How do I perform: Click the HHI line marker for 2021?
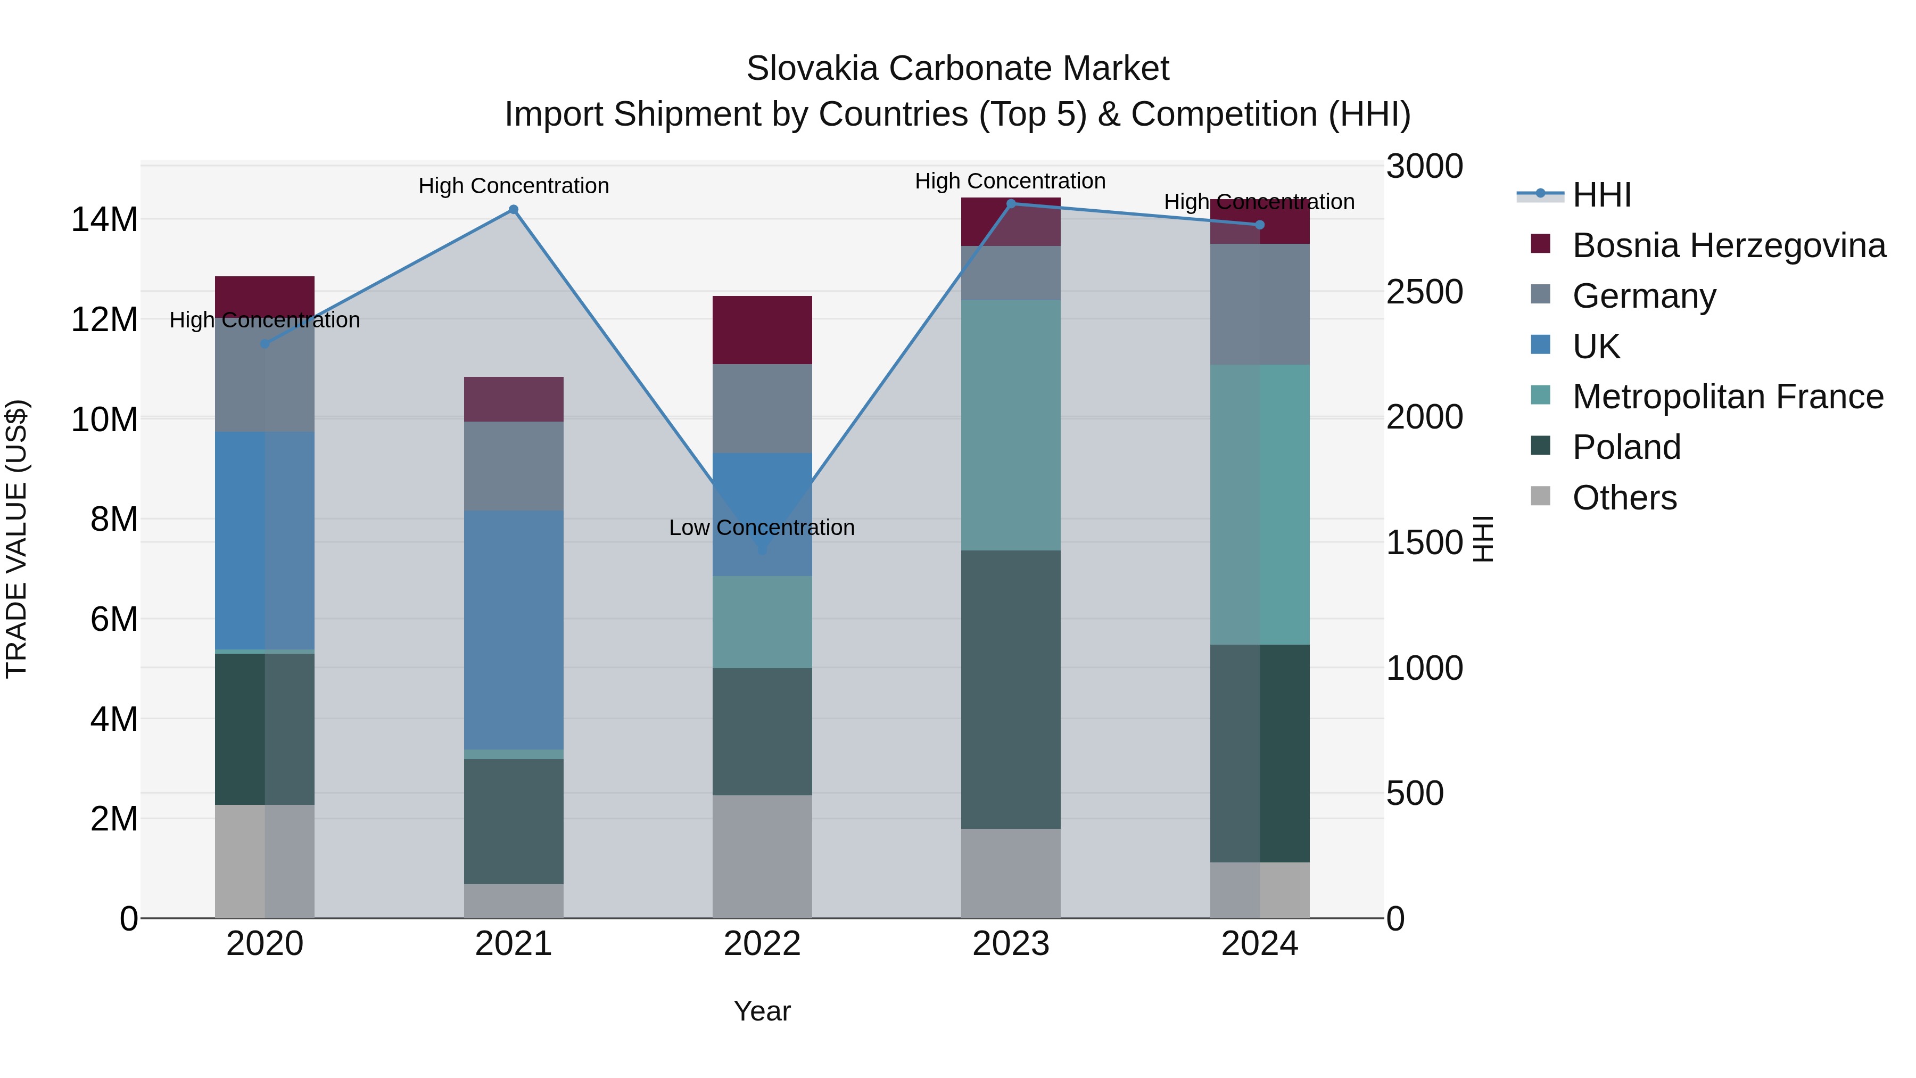point(513,210)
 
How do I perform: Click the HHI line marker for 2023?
point(1011,204)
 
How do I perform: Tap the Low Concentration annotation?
point(762,528)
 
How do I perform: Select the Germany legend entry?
point(1644,296)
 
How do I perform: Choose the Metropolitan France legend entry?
point(1727,397)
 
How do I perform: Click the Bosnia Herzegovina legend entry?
point(1729,245)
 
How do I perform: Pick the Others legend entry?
point(1624,498)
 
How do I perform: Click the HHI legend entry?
point(1601,195)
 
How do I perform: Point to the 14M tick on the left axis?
point(104,219)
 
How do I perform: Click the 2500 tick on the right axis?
point(1424,292)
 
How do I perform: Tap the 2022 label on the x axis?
point(762,944)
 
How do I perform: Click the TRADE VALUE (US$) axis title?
point(16,539)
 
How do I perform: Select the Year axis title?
point(762,1011)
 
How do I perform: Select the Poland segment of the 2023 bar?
point(1011,689)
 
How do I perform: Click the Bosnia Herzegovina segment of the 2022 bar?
point(762,330)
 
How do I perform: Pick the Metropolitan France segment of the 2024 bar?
point(1259,505)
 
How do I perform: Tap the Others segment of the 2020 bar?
point(265,861)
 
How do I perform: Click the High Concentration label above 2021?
point(513,185)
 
